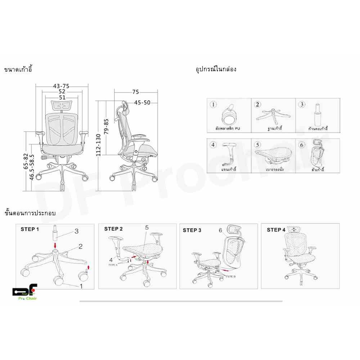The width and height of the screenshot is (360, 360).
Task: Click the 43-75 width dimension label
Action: pyautogui.click(x=61, y=86)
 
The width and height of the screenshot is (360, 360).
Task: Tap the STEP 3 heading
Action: pyautogui.click(x=192, y=230)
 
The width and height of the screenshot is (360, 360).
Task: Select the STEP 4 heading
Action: pyautogui.click(x=276, y=230)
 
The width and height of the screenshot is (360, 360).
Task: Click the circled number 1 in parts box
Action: pyautogui.click(x=213, y=105)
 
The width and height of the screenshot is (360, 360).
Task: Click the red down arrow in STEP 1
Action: pyautogui.click(x=55, y=245)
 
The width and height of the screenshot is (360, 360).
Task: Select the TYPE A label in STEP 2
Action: pyautogui.click(x=114, y=264)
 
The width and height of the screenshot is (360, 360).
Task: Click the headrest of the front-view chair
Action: pyautogui.click(x=62, y=105)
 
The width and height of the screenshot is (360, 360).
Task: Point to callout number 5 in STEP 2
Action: pyautogui.click(x=147, y=228)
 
